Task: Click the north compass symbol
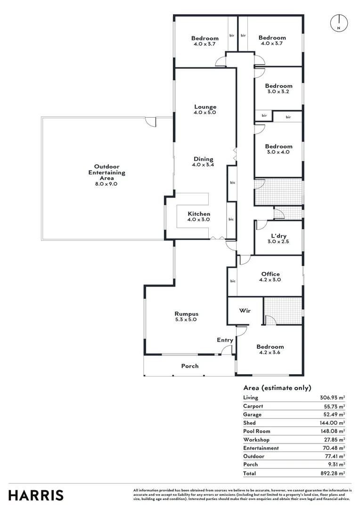339,23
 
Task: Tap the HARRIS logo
36,495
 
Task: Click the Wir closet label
245,311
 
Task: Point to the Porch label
190,366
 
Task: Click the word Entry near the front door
225,340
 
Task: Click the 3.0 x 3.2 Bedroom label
278,89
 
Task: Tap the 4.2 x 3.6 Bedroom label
270,349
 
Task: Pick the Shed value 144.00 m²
333,423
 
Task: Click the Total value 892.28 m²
333,473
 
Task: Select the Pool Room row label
256,431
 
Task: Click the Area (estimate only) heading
277,388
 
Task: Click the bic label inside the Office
232,281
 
